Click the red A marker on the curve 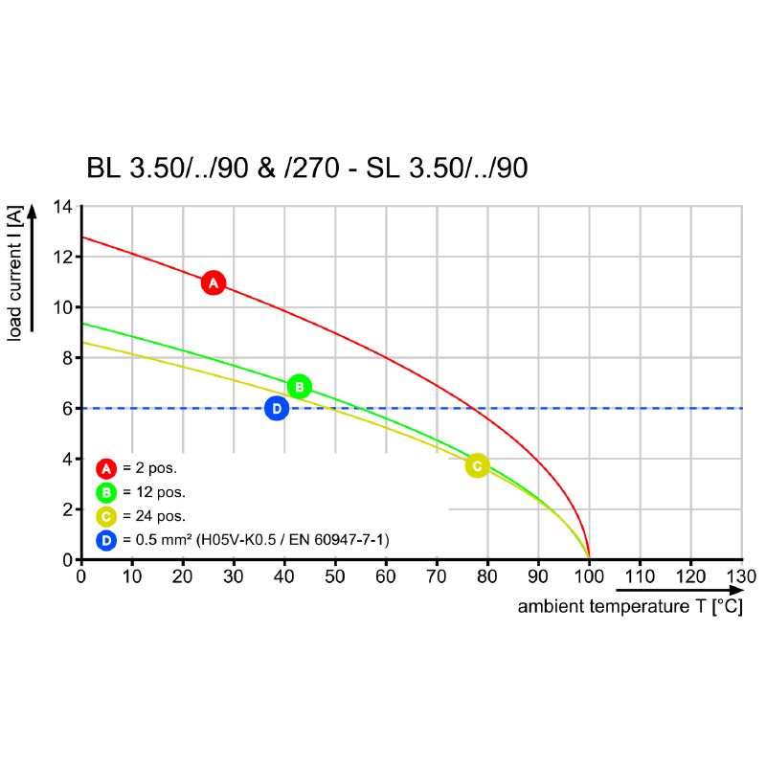point(214,282)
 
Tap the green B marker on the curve point(299,387)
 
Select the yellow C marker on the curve point(477,466)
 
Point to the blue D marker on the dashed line point(277,409)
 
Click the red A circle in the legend point(106,468)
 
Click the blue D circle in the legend point(106,541)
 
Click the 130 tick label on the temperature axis point(740,576)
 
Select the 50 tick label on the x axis point(335,576)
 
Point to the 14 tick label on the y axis point(62,207)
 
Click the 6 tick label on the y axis point(67,409)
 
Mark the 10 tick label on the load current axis point(62,307)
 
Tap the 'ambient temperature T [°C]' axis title point(629,607)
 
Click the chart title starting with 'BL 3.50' point(307,169)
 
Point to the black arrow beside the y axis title point(33,268)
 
